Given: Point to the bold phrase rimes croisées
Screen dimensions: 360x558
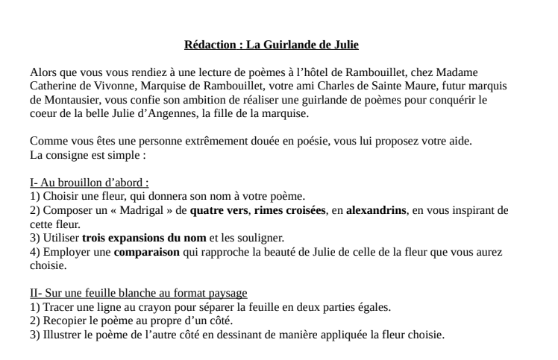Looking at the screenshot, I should click(x=289, y=210).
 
